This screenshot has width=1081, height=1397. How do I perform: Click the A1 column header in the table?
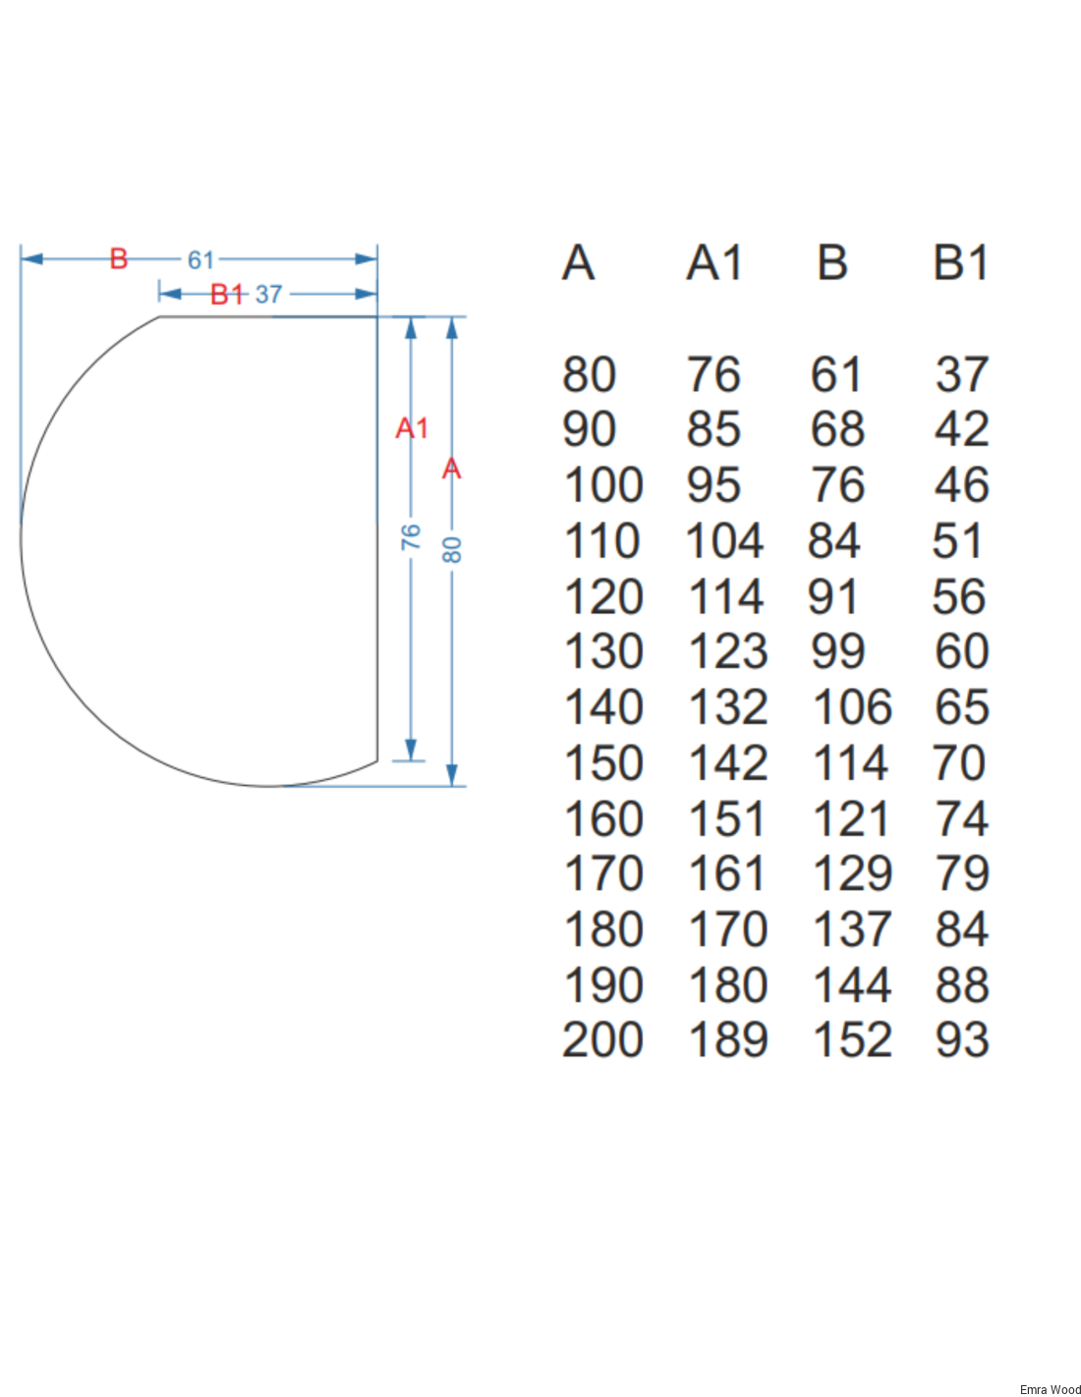click(x=714, y=263)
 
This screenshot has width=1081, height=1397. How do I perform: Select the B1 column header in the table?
click(x=960, y=263)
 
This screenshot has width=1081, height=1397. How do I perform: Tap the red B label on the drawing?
click(x=119, y=259)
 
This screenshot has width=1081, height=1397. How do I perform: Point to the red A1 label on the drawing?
click(x=412, y=428)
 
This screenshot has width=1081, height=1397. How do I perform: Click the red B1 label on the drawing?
click(x=227, y=294)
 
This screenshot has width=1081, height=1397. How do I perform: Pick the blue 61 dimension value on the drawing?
click(x=200, y=260)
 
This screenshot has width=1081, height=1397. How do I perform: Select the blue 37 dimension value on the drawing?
click(x=268, y=294)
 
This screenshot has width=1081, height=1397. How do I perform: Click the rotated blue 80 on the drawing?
click(x=452, y=550)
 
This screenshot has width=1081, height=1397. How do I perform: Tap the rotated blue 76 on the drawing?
click(x=411, y=536)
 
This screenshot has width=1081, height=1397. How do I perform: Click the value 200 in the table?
click(x=602, y=1040)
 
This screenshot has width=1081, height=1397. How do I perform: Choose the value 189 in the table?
click(x=728, y=1040)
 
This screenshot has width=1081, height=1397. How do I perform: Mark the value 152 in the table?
click(x=852, y=1040)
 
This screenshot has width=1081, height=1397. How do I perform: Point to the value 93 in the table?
click(x=962, y=1040)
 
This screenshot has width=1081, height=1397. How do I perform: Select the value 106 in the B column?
click(x=852, y=707)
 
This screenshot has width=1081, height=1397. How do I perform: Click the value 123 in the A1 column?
click(x=728, y=651)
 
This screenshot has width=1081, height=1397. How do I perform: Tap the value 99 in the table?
click(x=837, y=651)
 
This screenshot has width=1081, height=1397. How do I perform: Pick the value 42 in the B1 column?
click(x=962, y=429)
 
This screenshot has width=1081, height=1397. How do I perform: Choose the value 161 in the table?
click(x=728, y=873)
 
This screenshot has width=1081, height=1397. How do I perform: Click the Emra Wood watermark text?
click(x=1050, y=1389)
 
